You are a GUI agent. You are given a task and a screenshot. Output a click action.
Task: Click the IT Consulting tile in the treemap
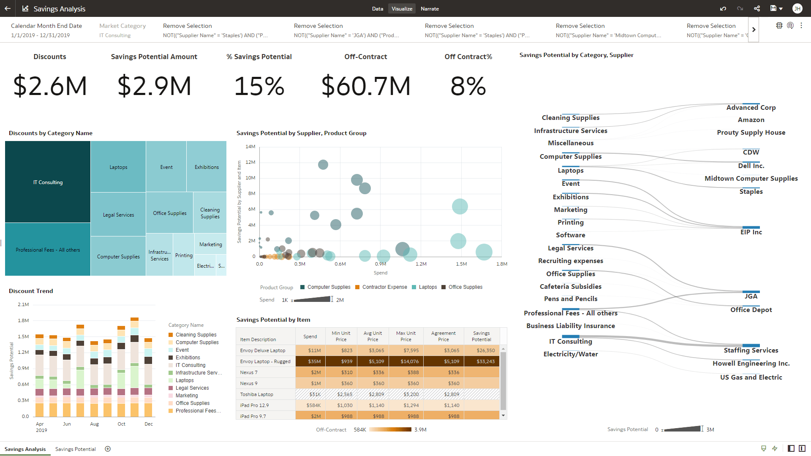tap(48, 182)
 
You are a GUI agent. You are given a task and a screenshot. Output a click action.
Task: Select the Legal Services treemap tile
tap(118, 214)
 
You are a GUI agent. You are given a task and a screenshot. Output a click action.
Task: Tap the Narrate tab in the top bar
tap(430, 8)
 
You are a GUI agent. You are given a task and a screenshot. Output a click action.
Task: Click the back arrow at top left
tap(8, 8)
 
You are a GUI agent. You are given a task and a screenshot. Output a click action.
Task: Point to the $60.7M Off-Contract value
tap(366, 86)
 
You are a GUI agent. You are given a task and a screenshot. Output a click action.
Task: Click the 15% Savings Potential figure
tap(259, 86)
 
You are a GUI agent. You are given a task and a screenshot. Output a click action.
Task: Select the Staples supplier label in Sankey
tap(751, 192)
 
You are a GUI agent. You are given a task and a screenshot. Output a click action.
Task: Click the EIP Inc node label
tap(751, 232)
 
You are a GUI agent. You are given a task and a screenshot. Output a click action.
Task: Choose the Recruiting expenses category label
tap(570, 261)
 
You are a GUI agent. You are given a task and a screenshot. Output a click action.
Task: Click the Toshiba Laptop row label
tap(257, 394)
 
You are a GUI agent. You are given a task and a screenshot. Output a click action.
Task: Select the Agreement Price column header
tap(443, 336)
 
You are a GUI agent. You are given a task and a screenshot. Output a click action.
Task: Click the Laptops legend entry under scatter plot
tap(427, 287)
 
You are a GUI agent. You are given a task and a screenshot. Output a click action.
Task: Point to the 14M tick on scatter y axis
tap(250, 147)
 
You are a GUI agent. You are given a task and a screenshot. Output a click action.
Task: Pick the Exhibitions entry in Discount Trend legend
tap(188, 358)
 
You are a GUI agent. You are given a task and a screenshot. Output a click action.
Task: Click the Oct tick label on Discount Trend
tap(121, 424)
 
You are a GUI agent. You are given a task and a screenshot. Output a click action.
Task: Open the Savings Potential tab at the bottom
tap(75, 449)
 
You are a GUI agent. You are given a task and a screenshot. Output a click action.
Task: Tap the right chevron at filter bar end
tap(754, 30)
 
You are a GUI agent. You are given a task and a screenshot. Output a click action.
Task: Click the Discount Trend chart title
tap(31, 291)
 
